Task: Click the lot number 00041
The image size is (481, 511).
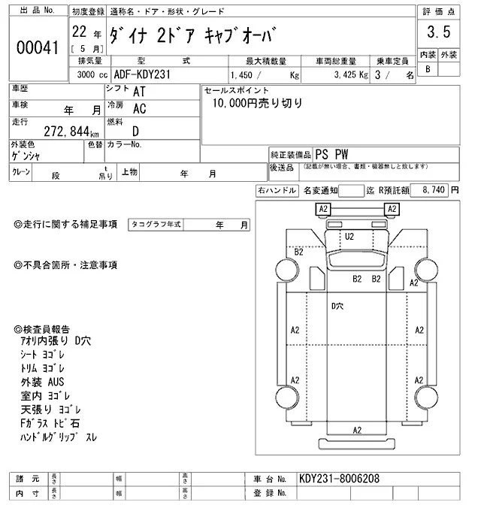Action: tap(37, 47)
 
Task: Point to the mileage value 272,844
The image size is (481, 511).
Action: tap(47, 131)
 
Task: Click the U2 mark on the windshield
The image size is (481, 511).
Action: tap(349, 236)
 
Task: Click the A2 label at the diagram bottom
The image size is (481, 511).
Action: tap(357, 430)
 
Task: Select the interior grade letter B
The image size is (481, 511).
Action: tap(428, 69)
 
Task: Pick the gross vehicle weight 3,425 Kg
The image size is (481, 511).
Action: tap(346, 76)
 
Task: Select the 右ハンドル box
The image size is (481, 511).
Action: tap(277, 191)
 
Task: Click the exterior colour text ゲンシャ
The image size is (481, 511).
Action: tap(26, 156)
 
